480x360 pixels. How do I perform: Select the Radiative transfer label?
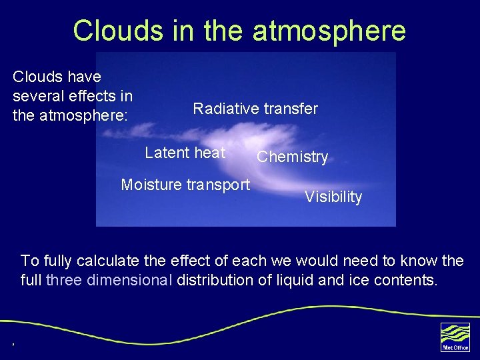[x=255, y=109]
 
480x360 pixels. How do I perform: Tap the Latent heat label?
[x=185, y=153]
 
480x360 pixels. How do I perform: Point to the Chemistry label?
[x=293, y=157]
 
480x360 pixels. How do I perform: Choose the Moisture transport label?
[x=185, y=185]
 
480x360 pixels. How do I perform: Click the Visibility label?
[x=333, y=197]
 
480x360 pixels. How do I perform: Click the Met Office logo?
[x=455, y=336]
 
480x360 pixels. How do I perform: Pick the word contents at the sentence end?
[x=406, y=280]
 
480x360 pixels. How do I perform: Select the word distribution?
[x=217, y=280]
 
